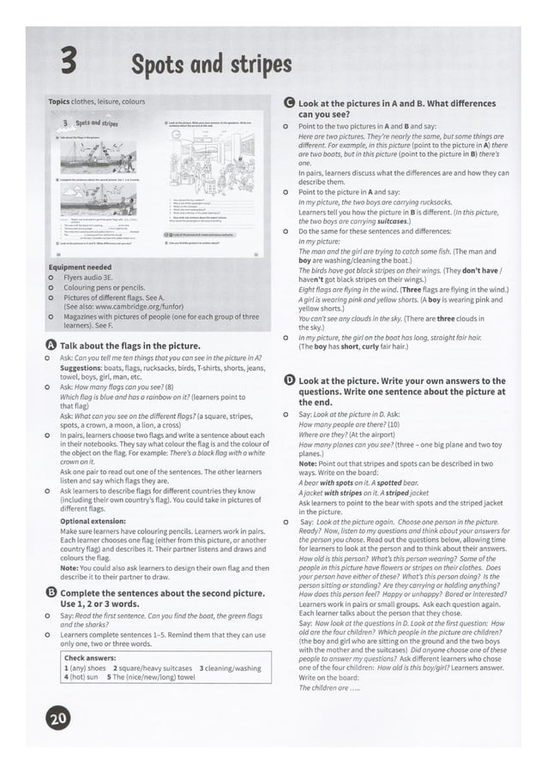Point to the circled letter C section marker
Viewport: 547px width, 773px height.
[289, 103]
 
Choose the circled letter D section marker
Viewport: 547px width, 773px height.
[289, 380]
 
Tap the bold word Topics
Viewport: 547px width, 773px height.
[60, 101]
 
